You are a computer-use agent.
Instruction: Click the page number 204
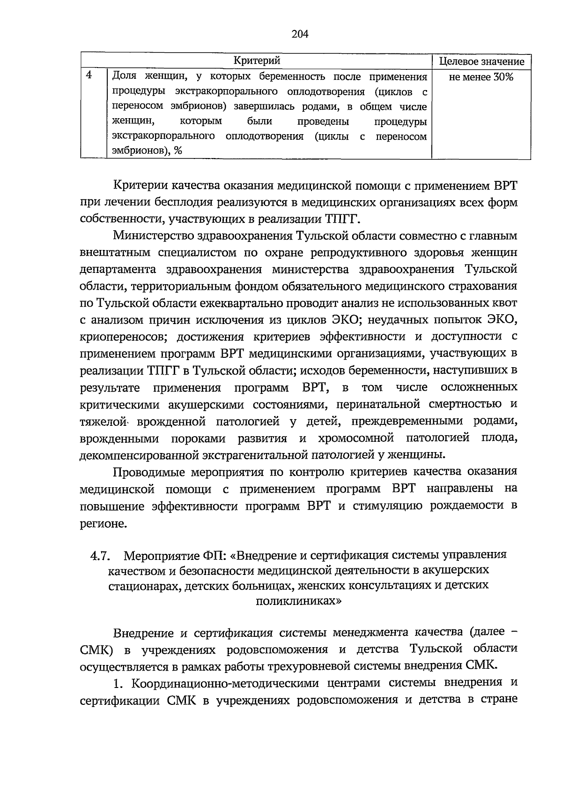pyautogui.click(x=300, y=34)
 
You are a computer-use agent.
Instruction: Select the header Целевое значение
pyautogui.click(x=481, y=61)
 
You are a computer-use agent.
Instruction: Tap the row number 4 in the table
pyautogui.click(x=89, y=75)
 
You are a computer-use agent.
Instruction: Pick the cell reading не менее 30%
pyautogui.click(x=481, y=77)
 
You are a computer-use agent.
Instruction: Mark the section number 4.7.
pyautogui.click(x=100, y=556)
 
